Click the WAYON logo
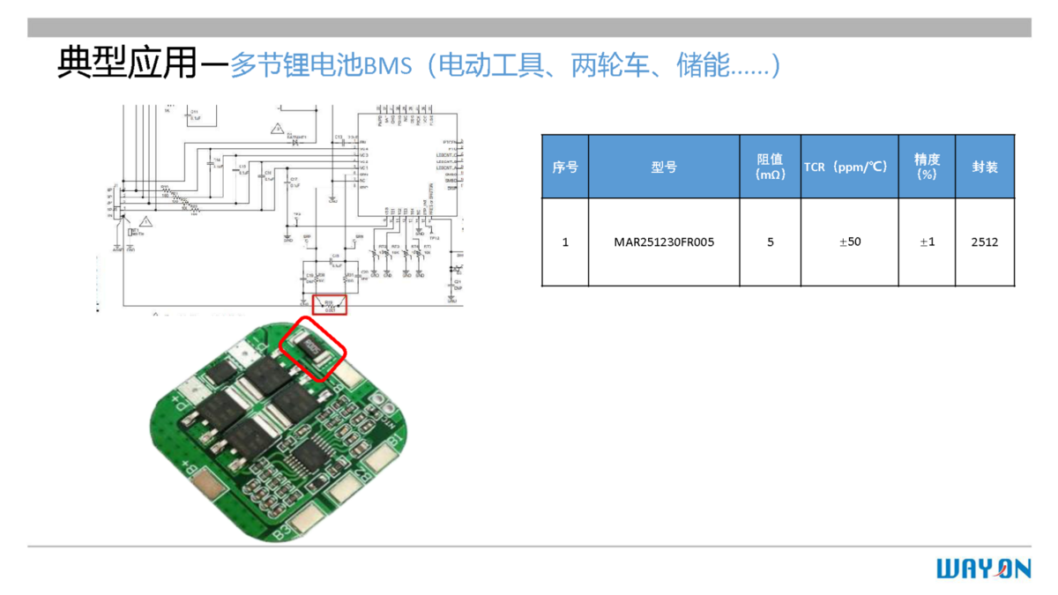click(983, 569)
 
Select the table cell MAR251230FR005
click(664, 242)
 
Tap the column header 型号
click(664, 167)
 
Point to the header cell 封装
click(984, 167)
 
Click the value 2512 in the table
click(984, 242)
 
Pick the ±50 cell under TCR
click(849, 242)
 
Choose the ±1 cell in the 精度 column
click(927, 242)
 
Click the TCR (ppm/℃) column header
click(849, 167)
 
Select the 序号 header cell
click(565, 167)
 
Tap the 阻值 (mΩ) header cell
click(770, 167)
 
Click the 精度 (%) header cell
click(927, 167)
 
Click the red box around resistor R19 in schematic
click(331, 305)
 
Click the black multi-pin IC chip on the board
click(309, 456)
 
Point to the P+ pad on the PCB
click(189, 393)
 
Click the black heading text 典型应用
click(126, 63)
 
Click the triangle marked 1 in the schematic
click(146, 220)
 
